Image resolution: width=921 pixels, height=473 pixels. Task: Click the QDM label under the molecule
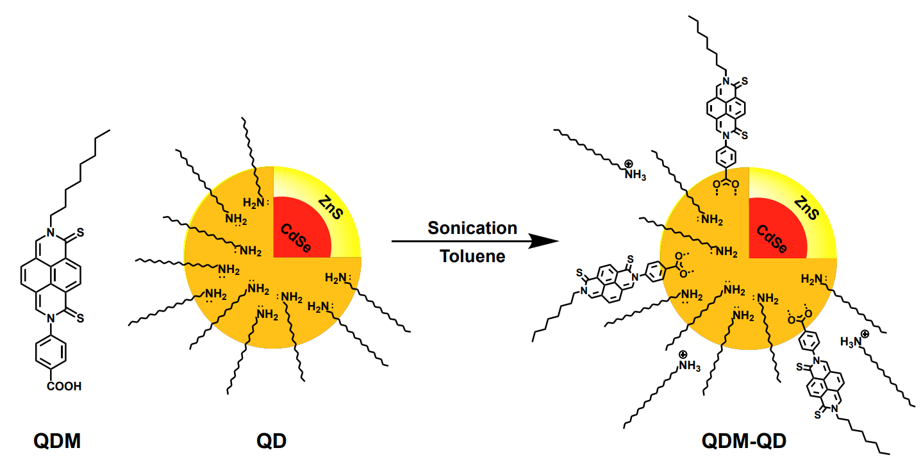[x=58, y=441]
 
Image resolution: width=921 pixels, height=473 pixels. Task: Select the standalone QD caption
[x=272, y=441]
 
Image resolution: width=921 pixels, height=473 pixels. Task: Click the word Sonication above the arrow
[x=472, y=228]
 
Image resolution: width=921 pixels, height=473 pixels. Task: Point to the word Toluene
[x=472, y=256]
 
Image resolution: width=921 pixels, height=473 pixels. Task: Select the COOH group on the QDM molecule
[x=64, y=386]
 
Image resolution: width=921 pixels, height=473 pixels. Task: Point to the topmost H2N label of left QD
[x=254, y=203]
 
